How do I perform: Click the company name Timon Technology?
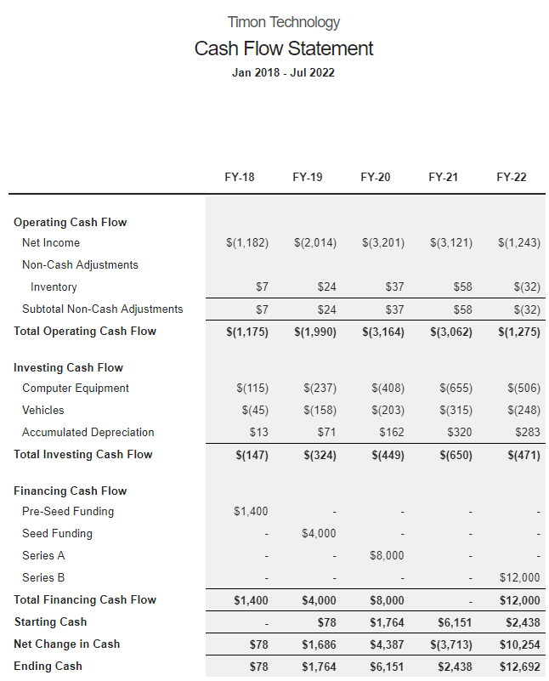(x=284, y=22)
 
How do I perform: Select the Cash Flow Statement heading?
(x=284, y=48)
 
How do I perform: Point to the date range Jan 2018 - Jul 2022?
(x=284, y=72)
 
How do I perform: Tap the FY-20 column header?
(x=376, y=177)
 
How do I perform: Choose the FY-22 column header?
(x=512, y=177)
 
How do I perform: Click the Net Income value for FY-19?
(x=315, y=242)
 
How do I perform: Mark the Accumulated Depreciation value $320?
(x=459, y=432)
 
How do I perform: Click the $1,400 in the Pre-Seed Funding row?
(x=251, y=511)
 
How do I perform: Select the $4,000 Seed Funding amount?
(x=319, y=533)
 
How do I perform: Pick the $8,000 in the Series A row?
(x=387, y=555)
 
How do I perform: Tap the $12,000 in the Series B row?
(x=519, y=577)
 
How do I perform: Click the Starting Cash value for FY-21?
(x=455, y=621)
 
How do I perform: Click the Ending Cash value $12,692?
(x=519, y=666)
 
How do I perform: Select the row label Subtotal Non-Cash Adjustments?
(x=103, y=309)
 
